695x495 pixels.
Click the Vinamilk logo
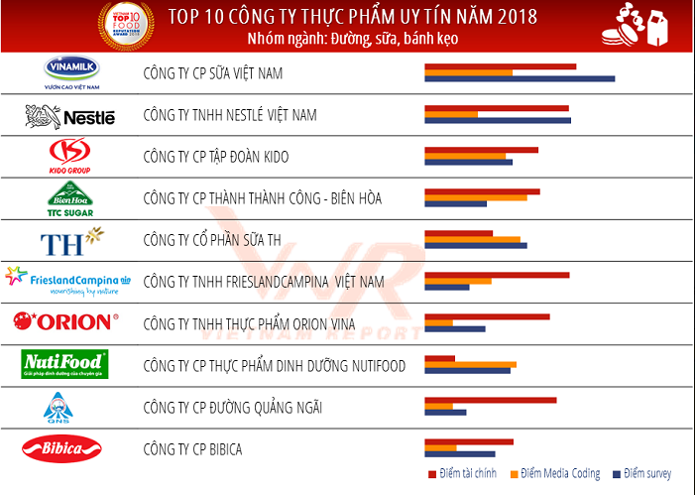(x=71, y=71)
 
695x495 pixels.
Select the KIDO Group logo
(x=69, y=155)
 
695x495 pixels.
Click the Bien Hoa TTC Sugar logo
(x=69, y=197)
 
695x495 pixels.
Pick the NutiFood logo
(x=64, y=365)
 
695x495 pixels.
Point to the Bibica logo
(x=62, y=449)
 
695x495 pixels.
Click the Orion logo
(x=65, y=321)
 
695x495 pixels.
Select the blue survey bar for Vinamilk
(x=520, y=78)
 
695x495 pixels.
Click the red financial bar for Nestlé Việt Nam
(x=497, y=108)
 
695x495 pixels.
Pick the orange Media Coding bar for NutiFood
(x=470, y=365)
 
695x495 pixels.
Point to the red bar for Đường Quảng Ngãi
(x=490, y=400)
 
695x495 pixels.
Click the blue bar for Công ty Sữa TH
(x=476, y=245)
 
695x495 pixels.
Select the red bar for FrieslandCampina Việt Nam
(x=497, y=275)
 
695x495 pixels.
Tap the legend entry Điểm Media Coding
(x=555, y=474)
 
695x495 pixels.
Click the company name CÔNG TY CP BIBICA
(x=192, y=449)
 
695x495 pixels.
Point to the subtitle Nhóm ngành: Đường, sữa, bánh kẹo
(x=353, y=39)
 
